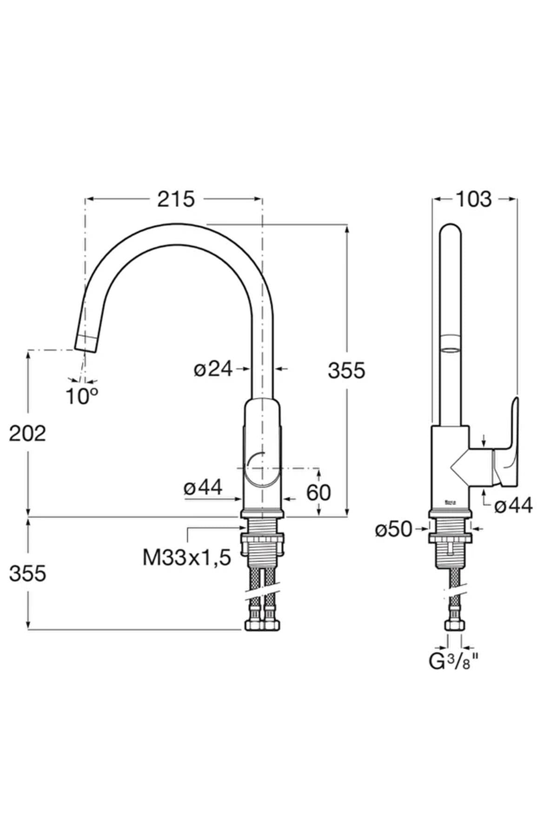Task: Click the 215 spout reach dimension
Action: pos(176,199)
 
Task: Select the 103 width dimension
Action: pos(473,199)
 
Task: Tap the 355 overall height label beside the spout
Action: pos(347,371)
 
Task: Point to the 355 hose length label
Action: pos(28,574)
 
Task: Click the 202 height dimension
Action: pos(28,433)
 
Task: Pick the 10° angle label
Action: pos(82,396)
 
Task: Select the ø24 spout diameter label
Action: pos(213,369)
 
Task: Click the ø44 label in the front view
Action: pos(203,488)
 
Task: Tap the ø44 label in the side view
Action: pos(513,505)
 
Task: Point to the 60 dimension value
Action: pos(319,492)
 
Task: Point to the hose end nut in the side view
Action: pos(454,624)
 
